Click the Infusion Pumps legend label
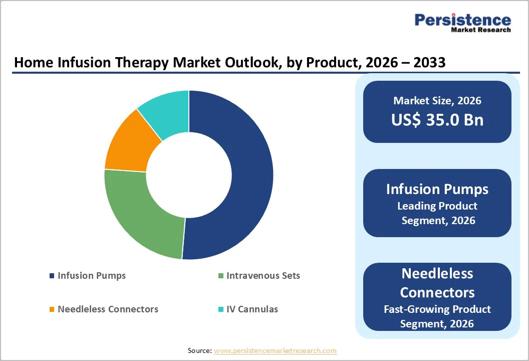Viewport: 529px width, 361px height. click(92, 276)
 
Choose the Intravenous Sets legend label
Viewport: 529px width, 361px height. click(263, 276)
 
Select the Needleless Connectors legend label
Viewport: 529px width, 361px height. click(108, 309)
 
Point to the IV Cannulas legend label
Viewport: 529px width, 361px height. click(252, 309)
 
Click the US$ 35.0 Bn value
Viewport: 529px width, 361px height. click(437, 120)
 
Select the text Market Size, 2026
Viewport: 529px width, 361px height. click(437, 101)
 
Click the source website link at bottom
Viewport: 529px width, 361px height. click(275, 351)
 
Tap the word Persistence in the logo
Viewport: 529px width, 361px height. click(463, 20)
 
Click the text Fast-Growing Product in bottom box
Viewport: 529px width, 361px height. click(437, 309)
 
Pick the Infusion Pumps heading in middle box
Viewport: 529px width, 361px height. click(437, 190)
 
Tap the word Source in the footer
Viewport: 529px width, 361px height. click(199, 351)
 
